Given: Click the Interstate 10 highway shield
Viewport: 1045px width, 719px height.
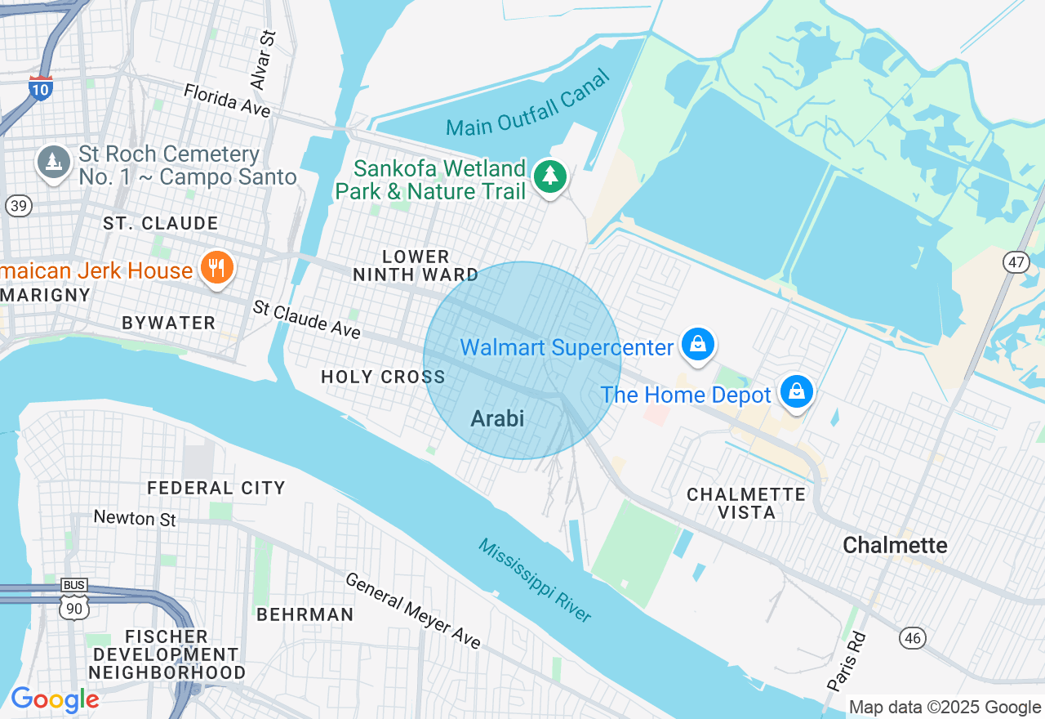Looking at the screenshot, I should tap(40, 87).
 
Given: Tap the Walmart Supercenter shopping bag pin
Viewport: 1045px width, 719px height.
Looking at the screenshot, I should tap(699, 344).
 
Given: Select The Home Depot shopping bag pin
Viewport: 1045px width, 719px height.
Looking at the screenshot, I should tap(796, 391).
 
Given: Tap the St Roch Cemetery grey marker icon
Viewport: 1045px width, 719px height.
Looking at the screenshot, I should tap(54, 162).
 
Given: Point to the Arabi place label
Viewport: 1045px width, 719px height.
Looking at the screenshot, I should tap(497, 418).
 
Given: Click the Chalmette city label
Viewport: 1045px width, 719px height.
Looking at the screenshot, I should tap(895, 545).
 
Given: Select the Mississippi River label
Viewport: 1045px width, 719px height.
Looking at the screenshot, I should tap(534, 580).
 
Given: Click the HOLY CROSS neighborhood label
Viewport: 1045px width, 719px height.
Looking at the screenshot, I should tap(383, 377).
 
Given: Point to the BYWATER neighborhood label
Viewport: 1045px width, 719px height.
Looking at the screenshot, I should tap(168, 323).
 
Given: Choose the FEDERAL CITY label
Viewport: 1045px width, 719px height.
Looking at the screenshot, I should tap(216, 488).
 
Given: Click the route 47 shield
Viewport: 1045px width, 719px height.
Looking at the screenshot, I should tap(1016, 262).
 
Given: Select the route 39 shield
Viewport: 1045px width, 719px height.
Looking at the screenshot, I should tap(18, 205).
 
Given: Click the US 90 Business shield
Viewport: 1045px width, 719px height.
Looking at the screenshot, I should tap(74, 601).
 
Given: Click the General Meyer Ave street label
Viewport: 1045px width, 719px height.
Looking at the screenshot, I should tap(413, 610).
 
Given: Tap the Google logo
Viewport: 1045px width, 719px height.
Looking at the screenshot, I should tap(55, 700).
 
